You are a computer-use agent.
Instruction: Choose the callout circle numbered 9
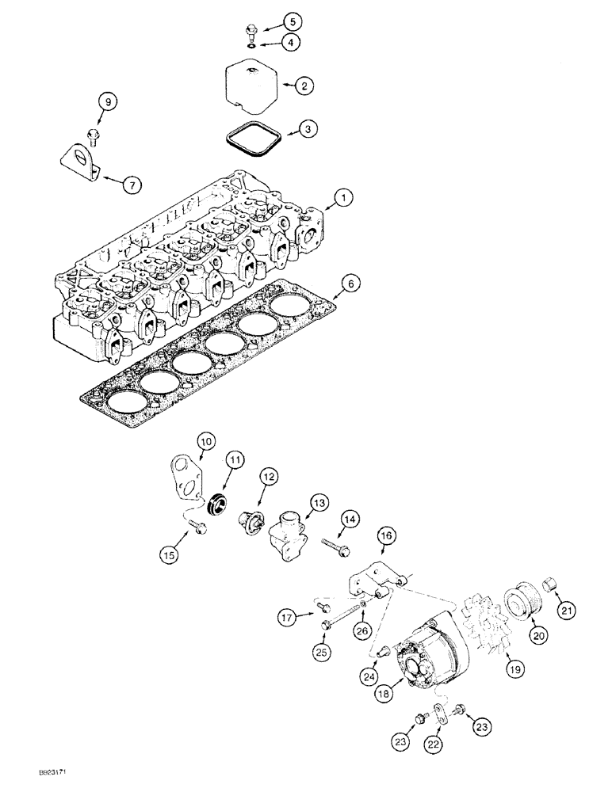(x=106, y=101)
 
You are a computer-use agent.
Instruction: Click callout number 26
(x=363, y=630)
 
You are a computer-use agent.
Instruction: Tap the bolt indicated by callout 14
(x=334, y=545)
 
